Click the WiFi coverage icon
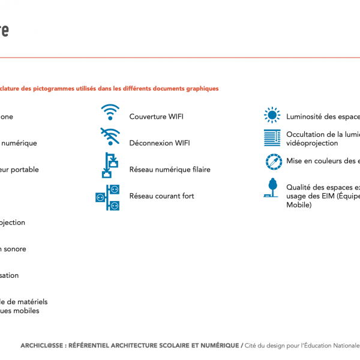tap(110, 112)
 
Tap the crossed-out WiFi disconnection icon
tap(110, 137)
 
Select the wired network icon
tap(109, 165)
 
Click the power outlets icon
tap(108, 197)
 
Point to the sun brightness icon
tap(272, 115)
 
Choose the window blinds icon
tap(272, 137)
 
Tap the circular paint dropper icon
tap(274, 162)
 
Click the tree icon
tap(272, 188)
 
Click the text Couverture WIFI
tap(156, 117)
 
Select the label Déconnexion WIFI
tap(160, 143)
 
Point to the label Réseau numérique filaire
tap(170, 170)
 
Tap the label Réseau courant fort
tap(162, 196)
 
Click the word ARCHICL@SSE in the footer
tap(43, 346)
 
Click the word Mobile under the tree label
tap(299, 205)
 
